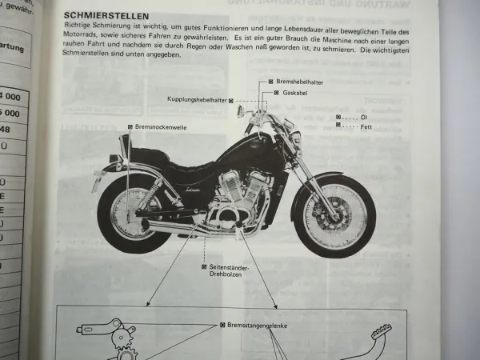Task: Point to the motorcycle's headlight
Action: tap(294, 138)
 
